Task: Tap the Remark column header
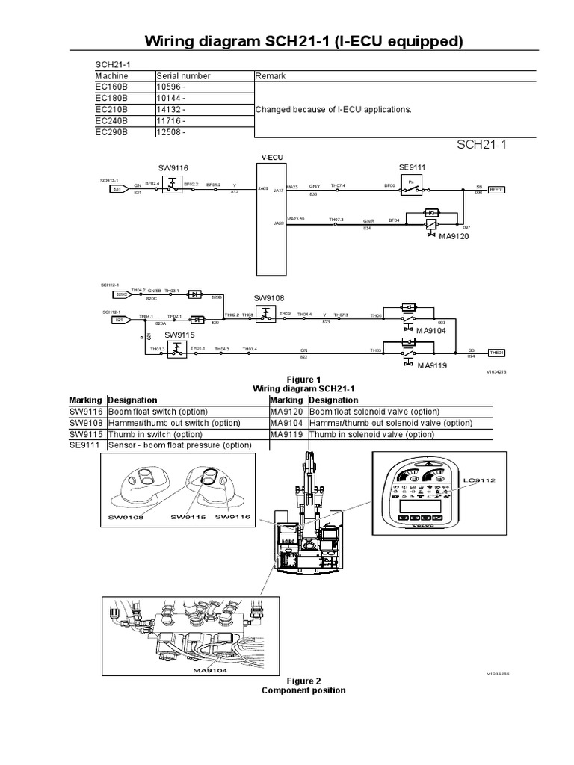click(271, 76)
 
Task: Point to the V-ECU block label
click(271, 158)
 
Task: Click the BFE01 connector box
click(497, 190)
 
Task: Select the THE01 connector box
click(497, 352)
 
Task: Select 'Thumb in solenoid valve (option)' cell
click(379, 434)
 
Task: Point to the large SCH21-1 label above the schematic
click(481, 145)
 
